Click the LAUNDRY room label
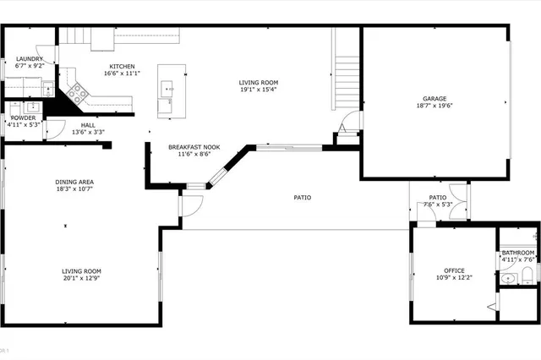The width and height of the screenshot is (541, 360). [29, 58]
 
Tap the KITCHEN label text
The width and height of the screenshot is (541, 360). [122, 66]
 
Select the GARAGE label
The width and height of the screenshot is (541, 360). [435, 99]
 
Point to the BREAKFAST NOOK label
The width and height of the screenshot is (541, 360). [194, 147]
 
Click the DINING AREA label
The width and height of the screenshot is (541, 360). [74, 183]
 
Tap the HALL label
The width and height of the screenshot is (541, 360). [88, 125]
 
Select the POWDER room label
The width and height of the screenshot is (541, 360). [23, 117]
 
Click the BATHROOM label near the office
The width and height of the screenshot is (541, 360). [517, 253]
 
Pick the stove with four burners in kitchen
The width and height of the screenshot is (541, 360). [76, 92]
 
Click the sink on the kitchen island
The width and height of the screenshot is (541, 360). [169, 87]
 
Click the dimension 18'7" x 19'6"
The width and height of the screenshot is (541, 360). [435, 106]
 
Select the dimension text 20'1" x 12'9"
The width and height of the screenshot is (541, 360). [81, 278]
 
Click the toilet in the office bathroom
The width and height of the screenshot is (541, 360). [525, 274]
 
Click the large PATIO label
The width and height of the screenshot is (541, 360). [302, 198]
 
